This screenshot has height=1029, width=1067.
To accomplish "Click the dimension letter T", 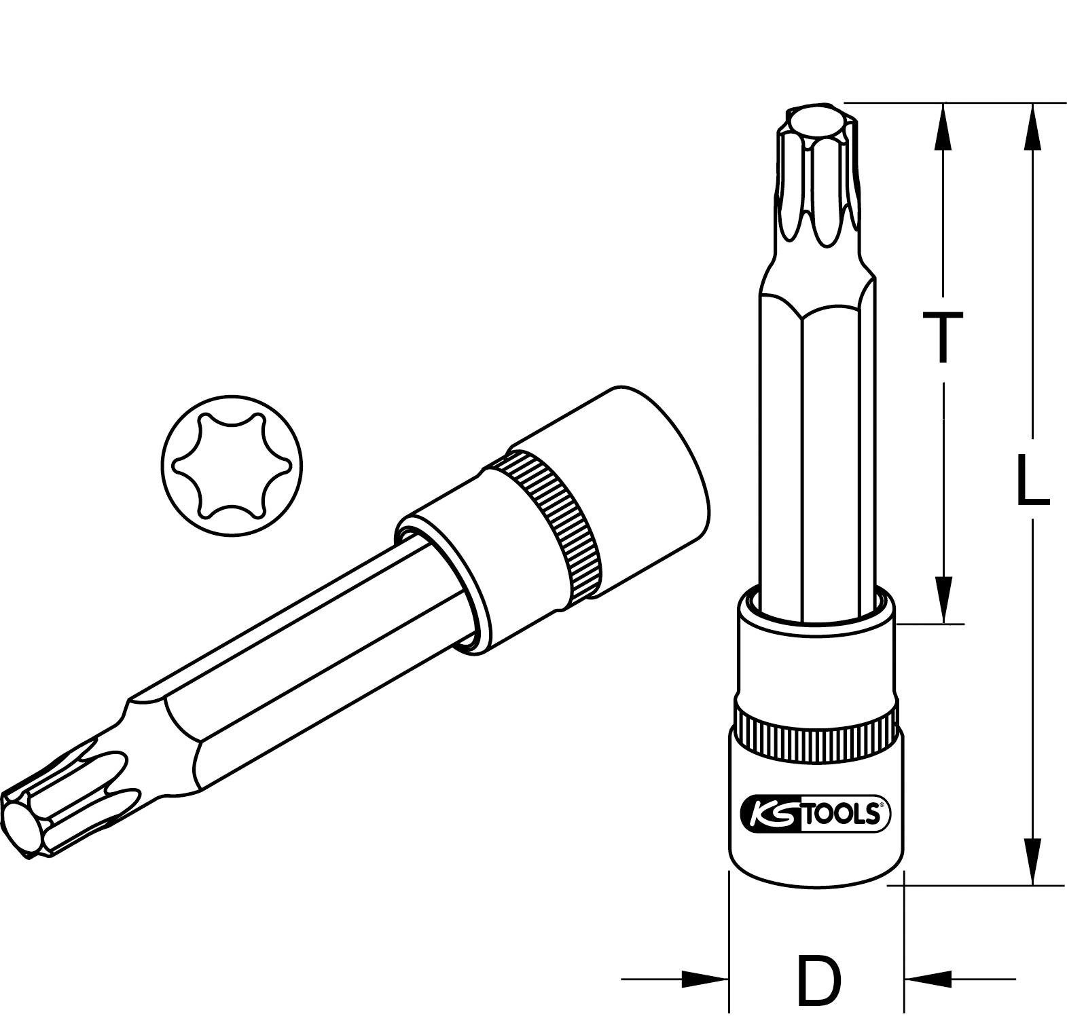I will point(942,337).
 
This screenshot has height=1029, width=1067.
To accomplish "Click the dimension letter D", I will point(818,980).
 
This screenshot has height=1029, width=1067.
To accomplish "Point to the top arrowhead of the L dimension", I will point(1032,126).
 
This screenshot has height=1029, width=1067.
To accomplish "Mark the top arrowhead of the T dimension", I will point(943,126).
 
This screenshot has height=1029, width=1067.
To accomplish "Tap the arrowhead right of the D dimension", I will point(928,979).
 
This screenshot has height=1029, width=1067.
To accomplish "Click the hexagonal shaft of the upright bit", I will point(815,441).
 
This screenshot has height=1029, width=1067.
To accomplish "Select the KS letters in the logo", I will point(772,814).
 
